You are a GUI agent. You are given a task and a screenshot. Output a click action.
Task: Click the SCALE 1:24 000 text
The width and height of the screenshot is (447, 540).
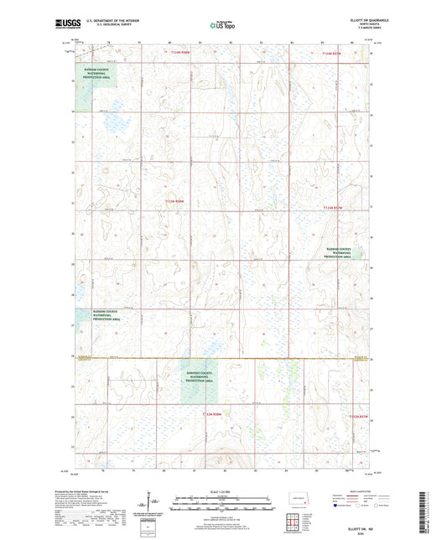coord(221,491)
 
